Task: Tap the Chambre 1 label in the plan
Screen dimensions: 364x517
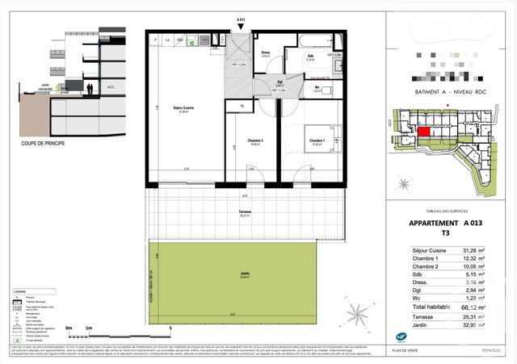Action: tap(317, 142)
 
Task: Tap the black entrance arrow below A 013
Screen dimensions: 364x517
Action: tap(240, 29)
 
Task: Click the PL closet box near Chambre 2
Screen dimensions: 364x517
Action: tap(241, 106)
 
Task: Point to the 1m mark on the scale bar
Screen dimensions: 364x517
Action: tap(87, 328)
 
